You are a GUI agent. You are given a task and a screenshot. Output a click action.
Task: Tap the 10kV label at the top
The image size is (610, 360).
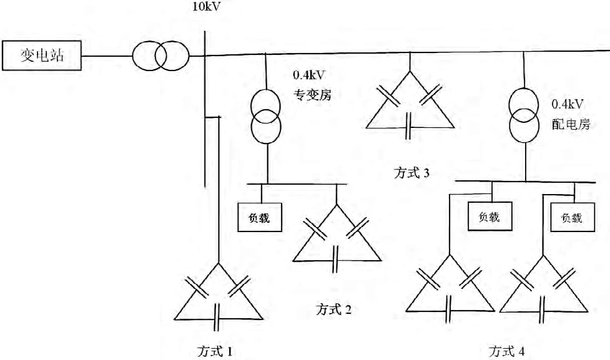point(207,7)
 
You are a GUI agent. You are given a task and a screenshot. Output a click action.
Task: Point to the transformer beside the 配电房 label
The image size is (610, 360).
point(524,116)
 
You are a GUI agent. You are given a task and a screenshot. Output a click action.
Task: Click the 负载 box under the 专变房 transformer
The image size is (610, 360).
point(259,218)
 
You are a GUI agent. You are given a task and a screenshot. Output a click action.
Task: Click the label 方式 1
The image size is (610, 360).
point(214,351)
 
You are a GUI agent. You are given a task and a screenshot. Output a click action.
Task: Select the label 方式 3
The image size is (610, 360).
point(411,173)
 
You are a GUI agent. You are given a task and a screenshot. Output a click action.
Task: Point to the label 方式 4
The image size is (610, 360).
point(506,351)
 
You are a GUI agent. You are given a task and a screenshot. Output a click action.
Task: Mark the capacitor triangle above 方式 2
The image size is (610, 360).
point(337,237)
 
